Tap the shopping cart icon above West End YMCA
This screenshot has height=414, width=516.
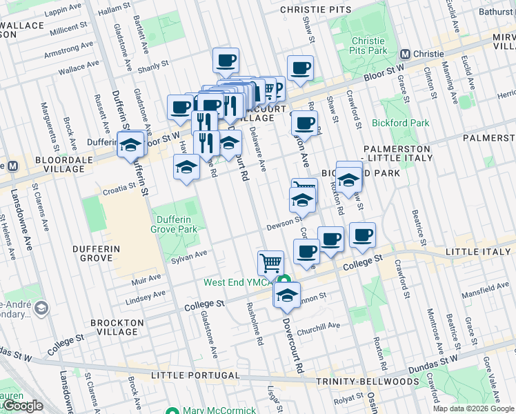coord(270,262)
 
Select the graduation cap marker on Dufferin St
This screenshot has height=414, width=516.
coord(130,145)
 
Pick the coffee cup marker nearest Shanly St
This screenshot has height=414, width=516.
coord(226,61)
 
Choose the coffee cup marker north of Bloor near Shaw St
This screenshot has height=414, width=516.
coord(300,68)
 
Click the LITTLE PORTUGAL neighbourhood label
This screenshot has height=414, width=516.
coord(195,375)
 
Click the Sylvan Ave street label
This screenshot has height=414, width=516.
coord(189,255)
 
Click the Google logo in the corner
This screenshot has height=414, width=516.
coord(22,406)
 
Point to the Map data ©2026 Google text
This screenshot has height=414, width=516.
coord(473,408)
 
